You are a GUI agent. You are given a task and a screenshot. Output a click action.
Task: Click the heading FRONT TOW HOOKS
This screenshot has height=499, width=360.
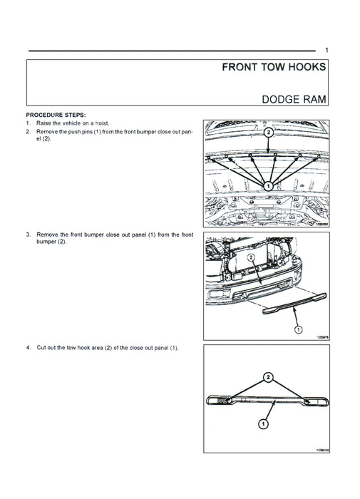click(x=274, y=67)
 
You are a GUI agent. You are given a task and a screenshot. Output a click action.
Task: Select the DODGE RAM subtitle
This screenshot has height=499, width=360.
click(x=294, y=99)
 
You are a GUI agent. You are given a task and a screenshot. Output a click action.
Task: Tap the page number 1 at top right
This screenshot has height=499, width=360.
click(x=326, y=50)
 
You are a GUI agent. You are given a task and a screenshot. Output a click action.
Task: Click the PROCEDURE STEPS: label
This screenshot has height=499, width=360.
click(x=56, y=115)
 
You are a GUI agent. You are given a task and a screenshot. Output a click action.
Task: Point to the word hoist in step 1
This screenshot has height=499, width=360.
click(x=102, y=123)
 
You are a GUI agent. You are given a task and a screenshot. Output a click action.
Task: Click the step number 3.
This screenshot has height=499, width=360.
click(x=29, y=235)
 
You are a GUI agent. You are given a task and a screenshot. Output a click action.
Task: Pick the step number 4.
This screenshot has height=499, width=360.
click(x=29, y=348)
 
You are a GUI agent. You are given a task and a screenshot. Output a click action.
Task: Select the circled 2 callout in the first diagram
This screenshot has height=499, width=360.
click(x=269, y=132)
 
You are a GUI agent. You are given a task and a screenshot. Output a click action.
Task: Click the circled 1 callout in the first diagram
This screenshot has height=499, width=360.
click(x=269, y=186)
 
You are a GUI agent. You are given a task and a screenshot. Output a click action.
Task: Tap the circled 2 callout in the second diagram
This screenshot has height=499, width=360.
click(x=252, y=257)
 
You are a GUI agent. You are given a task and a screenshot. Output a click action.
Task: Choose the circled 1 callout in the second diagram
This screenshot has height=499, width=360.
click(x=299, y=329)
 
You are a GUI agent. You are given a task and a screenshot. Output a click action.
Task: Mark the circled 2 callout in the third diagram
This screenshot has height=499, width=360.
click(x=268, y=377)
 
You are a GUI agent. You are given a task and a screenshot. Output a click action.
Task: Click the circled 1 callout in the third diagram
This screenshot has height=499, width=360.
click(x=263, y=424)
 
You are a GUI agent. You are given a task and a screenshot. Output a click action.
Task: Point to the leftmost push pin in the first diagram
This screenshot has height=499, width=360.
click(x=209, y=158)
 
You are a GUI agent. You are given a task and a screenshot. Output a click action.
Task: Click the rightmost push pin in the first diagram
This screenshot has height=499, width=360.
click(x=319, y=157)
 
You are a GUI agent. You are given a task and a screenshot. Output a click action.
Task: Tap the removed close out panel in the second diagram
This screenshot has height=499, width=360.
click(x=294, y=303)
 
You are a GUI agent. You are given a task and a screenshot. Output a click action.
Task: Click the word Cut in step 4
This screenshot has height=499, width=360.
click(x=41, y=348)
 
